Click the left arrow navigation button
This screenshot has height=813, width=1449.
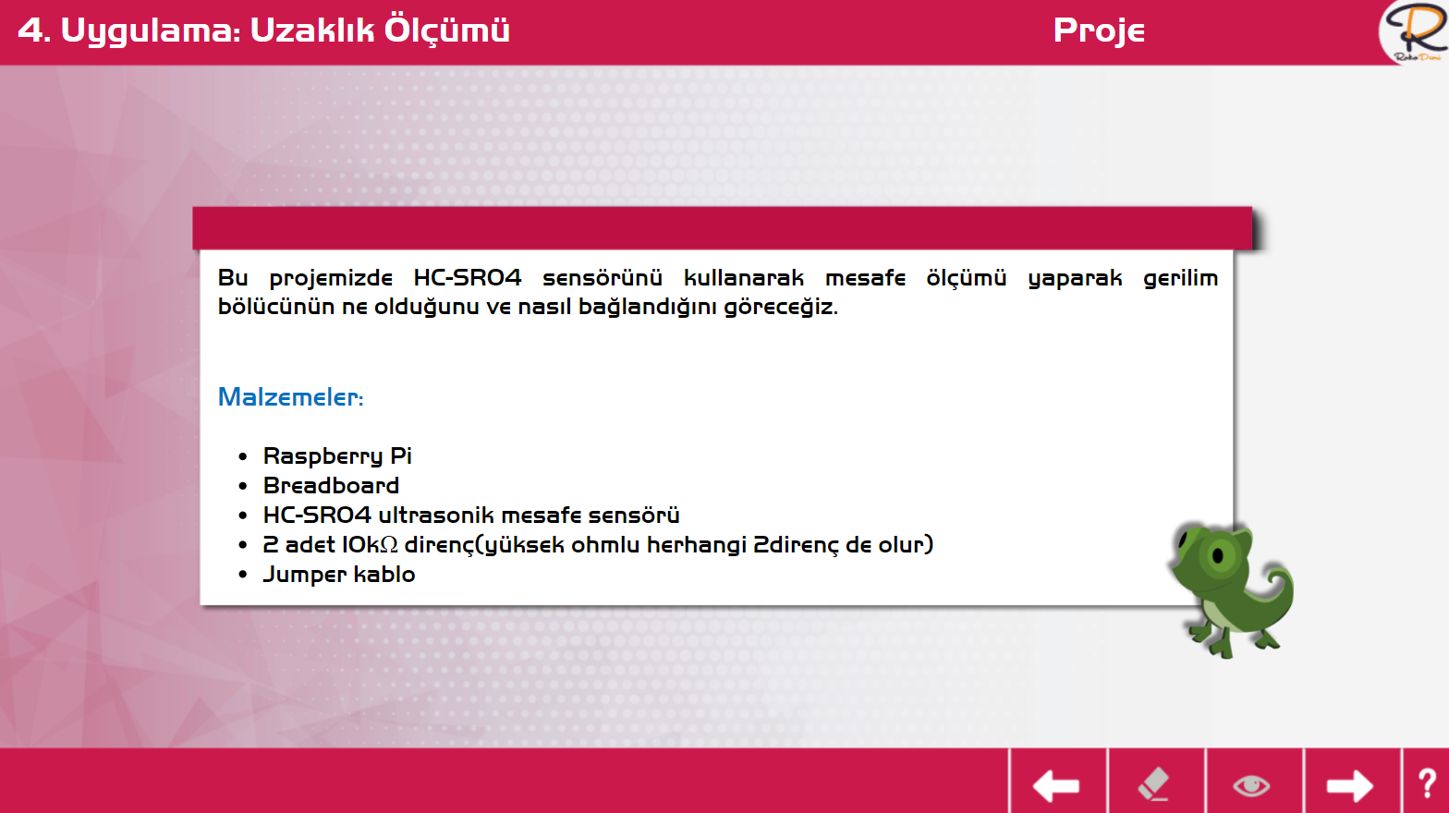pyautogui.click(x=1056, y=786)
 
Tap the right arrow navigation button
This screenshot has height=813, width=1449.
pyautogui.click(x=1349, y=786)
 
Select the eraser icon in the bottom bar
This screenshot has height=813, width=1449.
pyautogui.click(x=1153, y=783)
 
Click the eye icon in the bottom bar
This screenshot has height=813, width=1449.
pyautogui.click(x=1251, y=786)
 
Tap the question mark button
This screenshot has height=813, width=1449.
pyautogui.click(x=1427, y=783)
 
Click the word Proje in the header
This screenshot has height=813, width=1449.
pyautogui.click(x=1099, y=30)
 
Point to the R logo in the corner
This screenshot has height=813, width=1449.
pyautogui.click(x=1416, y=31)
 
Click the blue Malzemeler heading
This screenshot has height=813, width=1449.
pyautogui.click(x=290, y=396)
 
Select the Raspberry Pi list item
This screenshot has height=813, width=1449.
pyautogui.click(x=337, y=456)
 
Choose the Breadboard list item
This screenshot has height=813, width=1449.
pyautogui.click(x=331, y=485)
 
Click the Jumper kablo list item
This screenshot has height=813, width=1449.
pyautogui.click(x=339, y=575)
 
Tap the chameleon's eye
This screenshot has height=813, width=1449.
pyautogui.click(x=1218, y=555)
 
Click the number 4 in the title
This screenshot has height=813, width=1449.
pyautogui.click(x=30, y=30)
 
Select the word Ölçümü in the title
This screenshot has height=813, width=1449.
pyautogui.click(x=447, y=30)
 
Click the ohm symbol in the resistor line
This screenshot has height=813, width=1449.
pyautogui.click(x=388, y=545)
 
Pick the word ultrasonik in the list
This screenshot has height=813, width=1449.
pyautogui.click(x=436, y=516)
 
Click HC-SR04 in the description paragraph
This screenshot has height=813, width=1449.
pyautogui.click(x=467, y=277)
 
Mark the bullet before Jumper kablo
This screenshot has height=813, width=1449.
pyautogui.click(x=243, y=575)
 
